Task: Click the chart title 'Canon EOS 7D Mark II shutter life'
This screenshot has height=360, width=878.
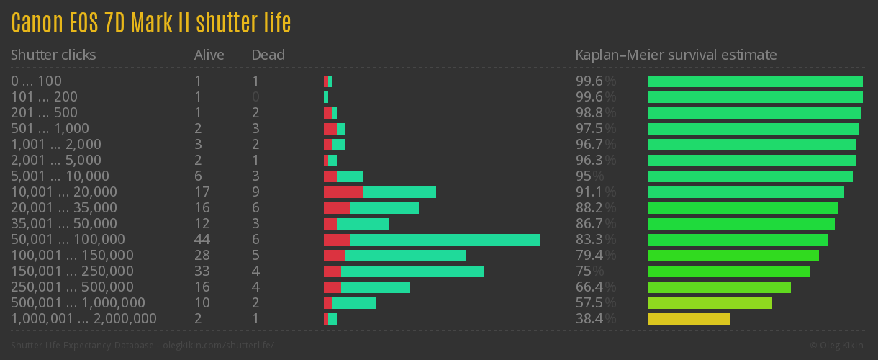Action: (x=151, y=23)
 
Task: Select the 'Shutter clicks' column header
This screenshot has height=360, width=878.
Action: (x=53, y=55)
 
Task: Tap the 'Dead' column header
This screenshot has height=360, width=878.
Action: (x=268, y=55)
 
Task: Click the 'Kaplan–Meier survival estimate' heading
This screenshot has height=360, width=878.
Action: (x=676, y=55)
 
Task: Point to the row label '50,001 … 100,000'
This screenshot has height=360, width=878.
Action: (x=68, y=239)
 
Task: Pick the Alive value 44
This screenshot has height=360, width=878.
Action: (x=202, y=239)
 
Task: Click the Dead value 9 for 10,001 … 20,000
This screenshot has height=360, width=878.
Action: (x=255, y=192)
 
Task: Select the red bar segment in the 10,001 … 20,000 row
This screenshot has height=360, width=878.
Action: (x=343, y=192)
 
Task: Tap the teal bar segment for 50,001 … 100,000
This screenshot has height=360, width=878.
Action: (x=444, y=240)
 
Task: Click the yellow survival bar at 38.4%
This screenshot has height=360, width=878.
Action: (x=689, y=319)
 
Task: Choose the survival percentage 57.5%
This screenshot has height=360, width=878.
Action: (x=595, y=302)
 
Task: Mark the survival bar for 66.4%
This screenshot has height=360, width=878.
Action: (x=719, y=287)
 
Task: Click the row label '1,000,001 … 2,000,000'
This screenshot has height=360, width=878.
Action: (x=83, y=318)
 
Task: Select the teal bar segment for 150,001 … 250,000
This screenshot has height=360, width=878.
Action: (x=412, y=271)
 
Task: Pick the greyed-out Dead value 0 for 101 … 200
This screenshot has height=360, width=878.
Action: (x=255, y=96)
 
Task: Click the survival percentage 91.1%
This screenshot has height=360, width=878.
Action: (x=595, y=192)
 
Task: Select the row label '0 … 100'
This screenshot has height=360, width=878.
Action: (x=36, y=81)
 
